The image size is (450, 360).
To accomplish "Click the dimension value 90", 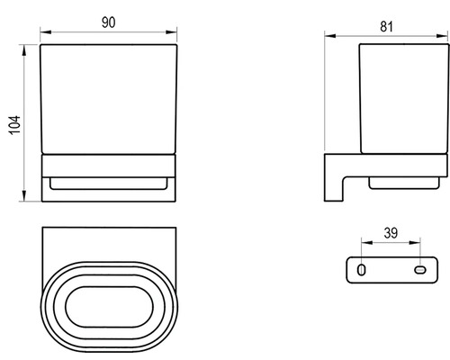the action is point(108,22).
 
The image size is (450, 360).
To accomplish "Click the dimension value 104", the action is point(14,125).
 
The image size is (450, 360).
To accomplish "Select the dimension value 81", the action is point(386,27).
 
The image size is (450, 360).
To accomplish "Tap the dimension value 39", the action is point(391,233).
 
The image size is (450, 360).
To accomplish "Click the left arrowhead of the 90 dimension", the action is point(46,32).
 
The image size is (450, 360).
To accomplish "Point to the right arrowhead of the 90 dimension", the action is point(171,32).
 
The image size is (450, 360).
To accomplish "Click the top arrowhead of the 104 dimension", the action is point(24,50).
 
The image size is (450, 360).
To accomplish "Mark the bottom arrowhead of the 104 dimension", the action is point(24,195).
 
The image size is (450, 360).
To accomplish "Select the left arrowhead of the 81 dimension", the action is point(330,36).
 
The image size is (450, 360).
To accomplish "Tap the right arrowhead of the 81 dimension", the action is point(443,36).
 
